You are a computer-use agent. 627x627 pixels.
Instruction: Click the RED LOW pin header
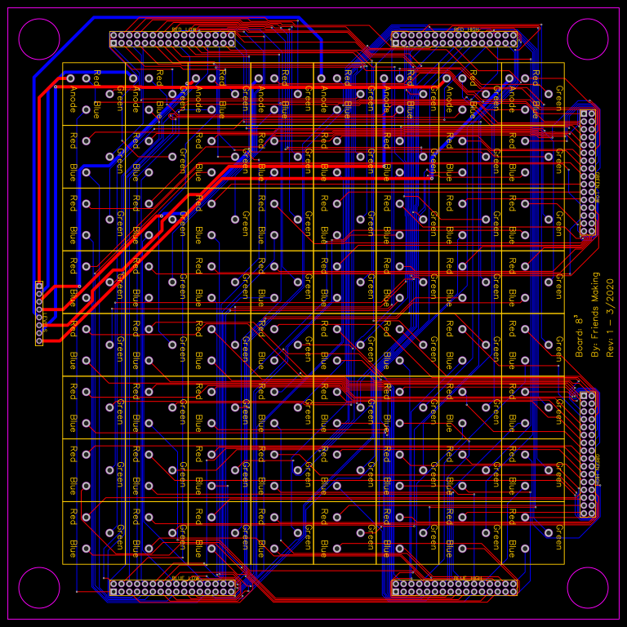click(172, 39)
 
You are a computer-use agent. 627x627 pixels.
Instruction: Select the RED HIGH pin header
click(454, 39)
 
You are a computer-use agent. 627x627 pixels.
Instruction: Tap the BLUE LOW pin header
click(172, 587)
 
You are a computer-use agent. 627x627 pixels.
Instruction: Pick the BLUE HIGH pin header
click(454, 587)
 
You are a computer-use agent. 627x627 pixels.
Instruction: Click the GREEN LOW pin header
click(588, 455)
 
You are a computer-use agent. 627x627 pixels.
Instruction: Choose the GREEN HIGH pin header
click(588, 173)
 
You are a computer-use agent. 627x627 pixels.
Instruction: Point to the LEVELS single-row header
click(39, 313)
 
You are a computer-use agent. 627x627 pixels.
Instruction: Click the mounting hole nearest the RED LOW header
click(39, 39)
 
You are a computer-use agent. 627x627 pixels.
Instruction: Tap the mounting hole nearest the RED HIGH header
click(588, 39)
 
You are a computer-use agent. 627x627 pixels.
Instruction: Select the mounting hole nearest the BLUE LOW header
click(39, 588)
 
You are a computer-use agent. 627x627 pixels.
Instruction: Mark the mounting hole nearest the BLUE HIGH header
click(588, 588)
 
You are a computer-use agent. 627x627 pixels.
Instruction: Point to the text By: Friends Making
click(594, 314)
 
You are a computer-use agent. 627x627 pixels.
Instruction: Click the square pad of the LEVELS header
click(39, 285)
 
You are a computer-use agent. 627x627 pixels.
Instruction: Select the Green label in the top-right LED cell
click(558, 96)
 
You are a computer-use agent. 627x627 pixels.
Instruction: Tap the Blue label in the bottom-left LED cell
click(73, 548)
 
